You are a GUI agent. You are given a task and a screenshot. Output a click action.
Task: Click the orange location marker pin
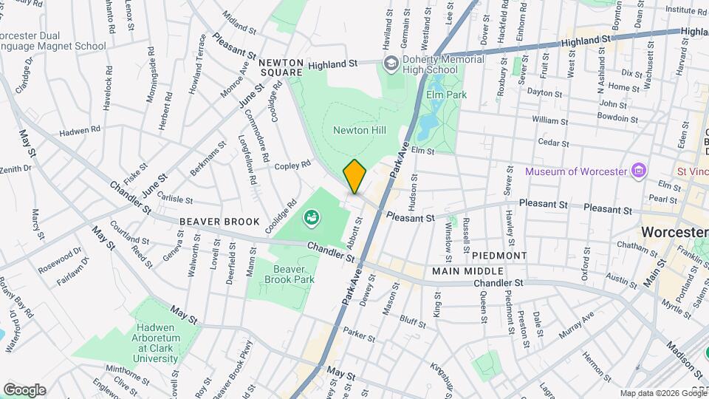354,177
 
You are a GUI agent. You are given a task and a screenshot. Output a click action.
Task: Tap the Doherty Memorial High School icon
390,64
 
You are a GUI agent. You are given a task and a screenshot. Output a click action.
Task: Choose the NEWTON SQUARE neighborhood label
281,67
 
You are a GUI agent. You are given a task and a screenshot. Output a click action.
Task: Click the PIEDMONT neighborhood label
499,256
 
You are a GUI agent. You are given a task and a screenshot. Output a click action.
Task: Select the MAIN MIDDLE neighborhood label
462,273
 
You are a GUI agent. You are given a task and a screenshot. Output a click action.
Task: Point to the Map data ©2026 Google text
662,393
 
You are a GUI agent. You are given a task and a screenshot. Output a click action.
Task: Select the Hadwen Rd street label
80,130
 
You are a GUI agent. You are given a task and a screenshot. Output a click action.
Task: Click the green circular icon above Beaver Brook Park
312,217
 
